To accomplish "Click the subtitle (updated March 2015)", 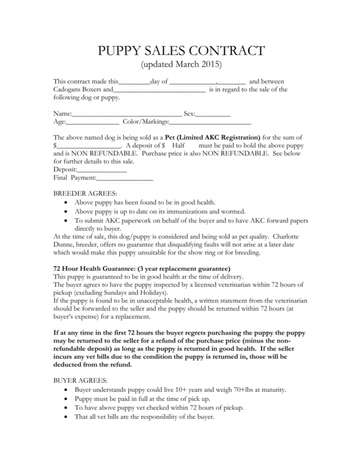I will (181, 65).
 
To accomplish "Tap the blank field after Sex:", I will (213, 114).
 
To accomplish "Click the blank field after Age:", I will (93, 122).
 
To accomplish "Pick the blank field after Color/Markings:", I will (210, 122).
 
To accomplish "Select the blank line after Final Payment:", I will (125, 178).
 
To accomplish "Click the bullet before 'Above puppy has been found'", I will (68, 203).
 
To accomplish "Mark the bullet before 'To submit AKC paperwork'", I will (68, 220).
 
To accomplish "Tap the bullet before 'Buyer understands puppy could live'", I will (68, 390).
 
